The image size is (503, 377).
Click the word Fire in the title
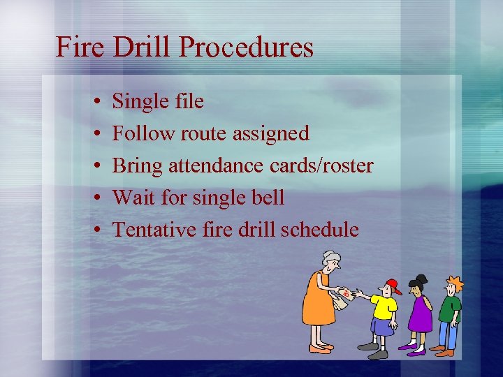(x=80, y=47)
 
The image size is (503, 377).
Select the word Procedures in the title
(x=247, y=47)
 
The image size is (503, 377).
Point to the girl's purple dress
(x=420, y=314)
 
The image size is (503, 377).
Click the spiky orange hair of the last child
(x=455, y=283)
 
